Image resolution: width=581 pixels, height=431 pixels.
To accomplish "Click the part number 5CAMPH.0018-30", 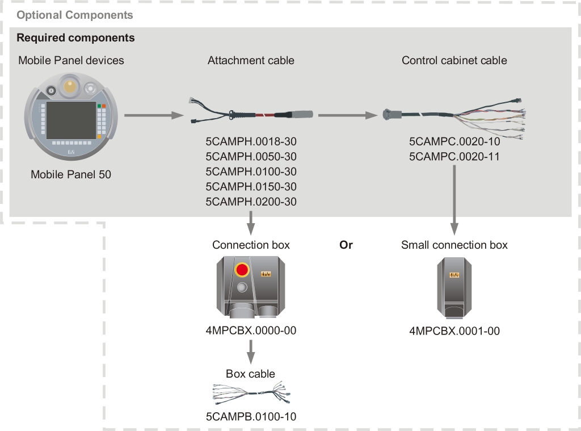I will [x=251, y=141].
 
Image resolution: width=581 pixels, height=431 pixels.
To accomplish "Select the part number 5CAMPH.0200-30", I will [x=251, y=202].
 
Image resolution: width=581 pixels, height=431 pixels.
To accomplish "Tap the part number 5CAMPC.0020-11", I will [x=454, y=156].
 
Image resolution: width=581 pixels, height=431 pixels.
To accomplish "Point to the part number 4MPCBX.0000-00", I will [x=251, y=330].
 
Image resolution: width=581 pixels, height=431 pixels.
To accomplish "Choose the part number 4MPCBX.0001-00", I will [x=454, y=330].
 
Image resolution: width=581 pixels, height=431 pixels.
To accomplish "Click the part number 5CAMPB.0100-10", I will [x=251, y=417].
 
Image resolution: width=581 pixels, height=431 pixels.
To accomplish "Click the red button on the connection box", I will [x=243, y=269].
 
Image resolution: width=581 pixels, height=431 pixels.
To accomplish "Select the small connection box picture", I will [x=454, y=287].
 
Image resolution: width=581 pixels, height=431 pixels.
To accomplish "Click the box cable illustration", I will [x=251, y=393].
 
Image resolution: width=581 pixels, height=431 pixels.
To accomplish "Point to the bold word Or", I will [x=346, y=245].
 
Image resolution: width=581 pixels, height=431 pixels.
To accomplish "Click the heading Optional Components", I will [x=75, y=15].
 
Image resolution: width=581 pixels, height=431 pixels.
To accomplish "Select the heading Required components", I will [x=75, y=38].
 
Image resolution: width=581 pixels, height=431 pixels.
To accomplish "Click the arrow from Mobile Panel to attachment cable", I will [x=153, y=116].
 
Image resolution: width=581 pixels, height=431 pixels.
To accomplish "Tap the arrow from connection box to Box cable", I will [x=251, y=352].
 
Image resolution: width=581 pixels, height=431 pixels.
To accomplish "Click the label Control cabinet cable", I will [x=454, y=60].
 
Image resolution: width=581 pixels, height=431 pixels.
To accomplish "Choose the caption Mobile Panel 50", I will [x=71, y=174].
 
